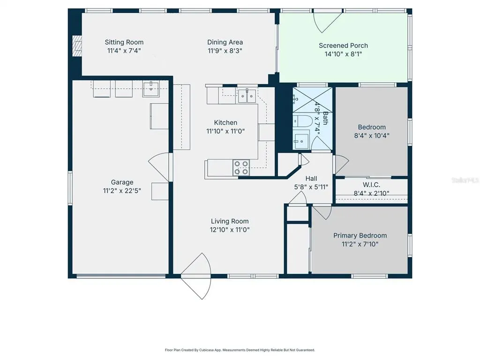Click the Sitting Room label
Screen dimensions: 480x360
tap(124, 42)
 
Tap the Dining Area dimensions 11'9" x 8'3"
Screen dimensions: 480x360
tap(225, 51)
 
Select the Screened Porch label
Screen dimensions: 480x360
tap(343, 45)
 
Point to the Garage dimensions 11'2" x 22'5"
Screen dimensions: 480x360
tap(122, 191)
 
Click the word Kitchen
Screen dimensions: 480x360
tap(225, 123)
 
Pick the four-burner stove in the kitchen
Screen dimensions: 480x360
tap(241, 168)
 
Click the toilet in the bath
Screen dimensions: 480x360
tap(303, 121)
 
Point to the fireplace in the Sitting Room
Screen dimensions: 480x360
tap(77, 46)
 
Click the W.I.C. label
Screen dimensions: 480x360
tap(371, 185)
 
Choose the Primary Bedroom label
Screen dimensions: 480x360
tap(360, 235)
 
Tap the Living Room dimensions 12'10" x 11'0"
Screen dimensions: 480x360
tap(230, 230)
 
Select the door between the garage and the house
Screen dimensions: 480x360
tap(159, 167)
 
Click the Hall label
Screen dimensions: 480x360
tap(311, 179)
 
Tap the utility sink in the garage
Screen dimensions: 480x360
tap(150, 89)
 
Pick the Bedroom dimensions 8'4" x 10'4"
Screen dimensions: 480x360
tap(372, 135)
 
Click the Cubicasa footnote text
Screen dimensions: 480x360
tap(240, 350)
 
